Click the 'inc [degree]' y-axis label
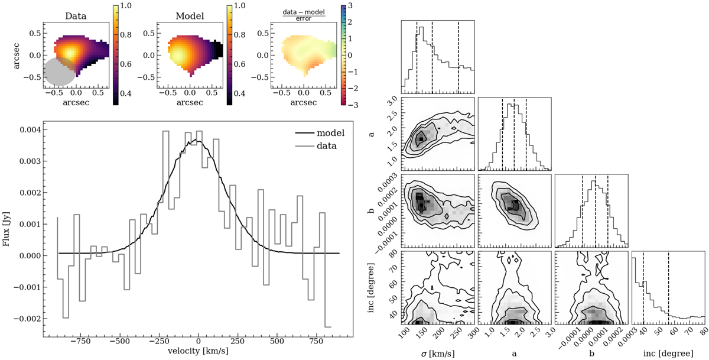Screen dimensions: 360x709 click(371, 287)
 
